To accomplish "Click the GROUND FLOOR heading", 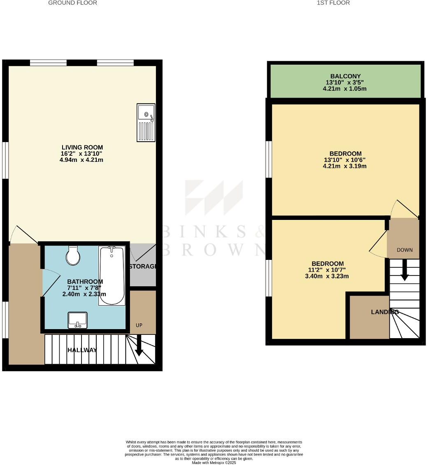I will coord(73,3).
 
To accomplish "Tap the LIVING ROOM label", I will coord(82,147).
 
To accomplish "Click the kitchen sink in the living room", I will coord(146,122).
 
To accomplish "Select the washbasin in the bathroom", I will coord(77,320).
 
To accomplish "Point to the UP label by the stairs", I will coord(139,325).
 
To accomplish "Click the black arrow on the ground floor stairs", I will coord(139,345).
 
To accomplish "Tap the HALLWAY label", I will coord(82,350).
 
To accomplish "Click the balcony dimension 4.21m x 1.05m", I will coord(345,89).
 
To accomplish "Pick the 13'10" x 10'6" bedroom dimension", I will coord(345,160).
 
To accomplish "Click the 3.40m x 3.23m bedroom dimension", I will coord(328,276).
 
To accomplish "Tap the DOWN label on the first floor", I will coord(405,250).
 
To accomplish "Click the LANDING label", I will coord(385,312).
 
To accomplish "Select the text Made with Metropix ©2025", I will coord(214,463).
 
